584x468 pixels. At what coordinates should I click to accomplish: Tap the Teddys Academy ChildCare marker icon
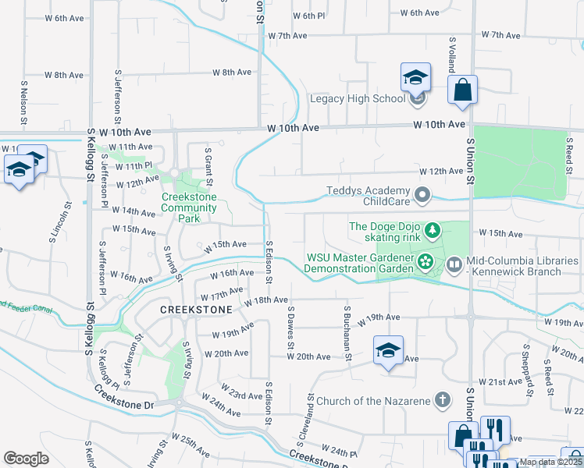tap(423, 194)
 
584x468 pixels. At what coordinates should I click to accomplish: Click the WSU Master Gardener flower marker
tap(425, 261)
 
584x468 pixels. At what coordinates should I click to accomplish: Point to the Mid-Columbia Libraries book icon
tap(454, 265)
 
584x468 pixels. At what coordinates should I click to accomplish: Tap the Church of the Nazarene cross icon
tap(442, 401)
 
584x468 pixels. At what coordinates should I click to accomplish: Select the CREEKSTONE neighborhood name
tap(196, 310)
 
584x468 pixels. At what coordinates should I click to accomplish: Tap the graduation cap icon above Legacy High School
tap(415, 77)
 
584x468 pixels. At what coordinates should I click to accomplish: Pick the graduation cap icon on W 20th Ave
tap(387, 350)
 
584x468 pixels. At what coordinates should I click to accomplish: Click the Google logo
tap(27, 459)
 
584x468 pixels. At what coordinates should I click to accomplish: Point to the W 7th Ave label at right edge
tap(500, 35)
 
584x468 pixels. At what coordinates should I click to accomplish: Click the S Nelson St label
tap(23, 107)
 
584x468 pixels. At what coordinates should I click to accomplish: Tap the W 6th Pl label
tap(308, 16)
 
